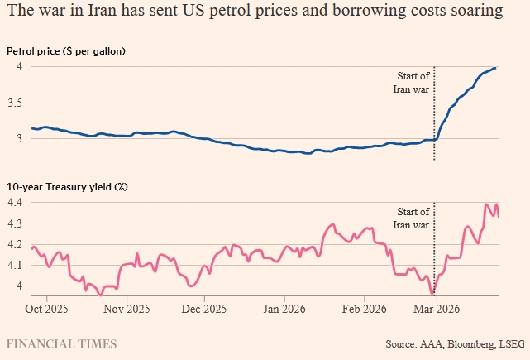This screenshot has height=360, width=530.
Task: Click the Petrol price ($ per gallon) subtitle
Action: (x=65, y=51)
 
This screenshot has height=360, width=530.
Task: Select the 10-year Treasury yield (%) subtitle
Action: (x=67, y=186)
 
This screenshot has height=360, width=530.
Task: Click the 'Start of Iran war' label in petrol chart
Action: (x=410, y=84)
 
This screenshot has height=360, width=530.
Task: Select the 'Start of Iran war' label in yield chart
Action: (x=410, y=218)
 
